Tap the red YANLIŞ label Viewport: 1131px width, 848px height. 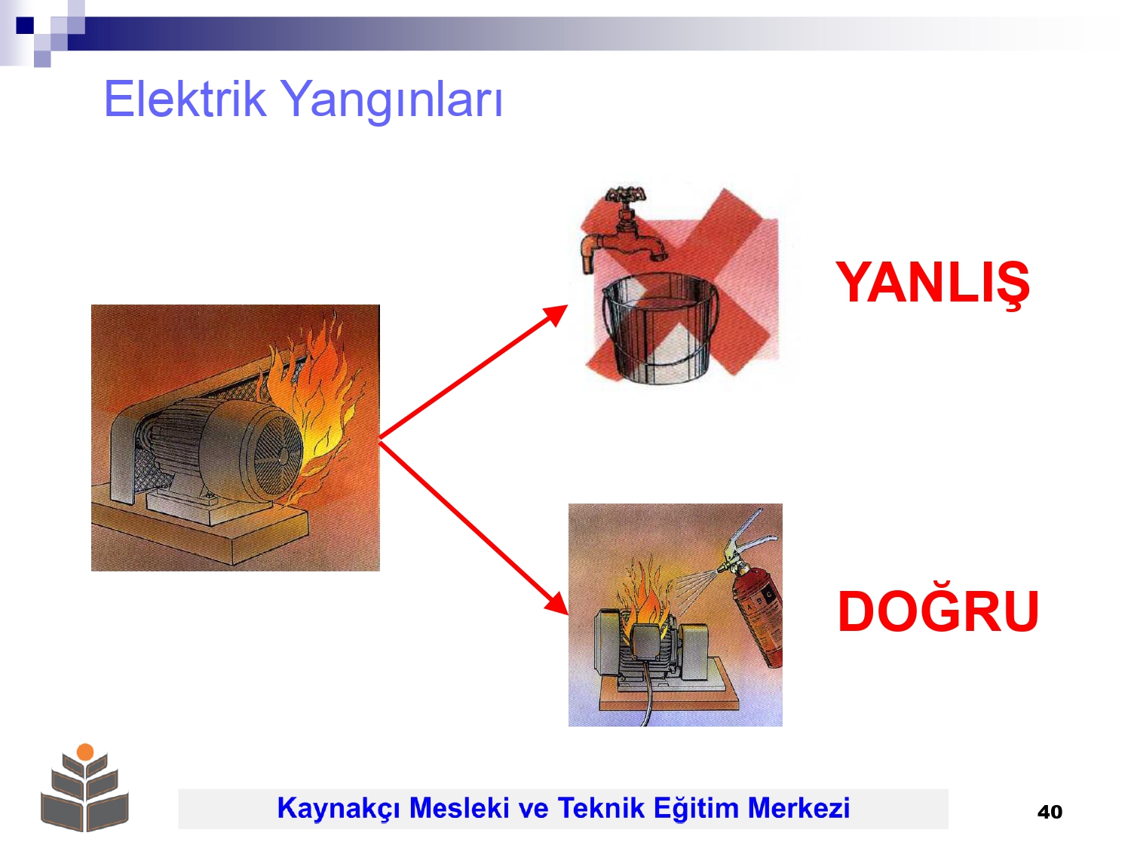[x=933, y=284]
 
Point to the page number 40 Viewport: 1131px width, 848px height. [x=1050, y=812]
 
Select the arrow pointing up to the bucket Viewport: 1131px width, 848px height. [x=473, y=372]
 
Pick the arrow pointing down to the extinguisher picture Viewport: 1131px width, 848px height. [x=474, y=527]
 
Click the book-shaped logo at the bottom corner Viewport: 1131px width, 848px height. [x=84, y=788]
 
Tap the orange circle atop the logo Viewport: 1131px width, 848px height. [x=85, y=752]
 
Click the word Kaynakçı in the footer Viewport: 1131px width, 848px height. [x=339, y=808]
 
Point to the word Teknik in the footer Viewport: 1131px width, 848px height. [x=601, y=807]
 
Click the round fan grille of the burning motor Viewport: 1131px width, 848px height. [x=277, y=453]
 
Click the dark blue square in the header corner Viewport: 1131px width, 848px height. [x=25, y=25]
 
